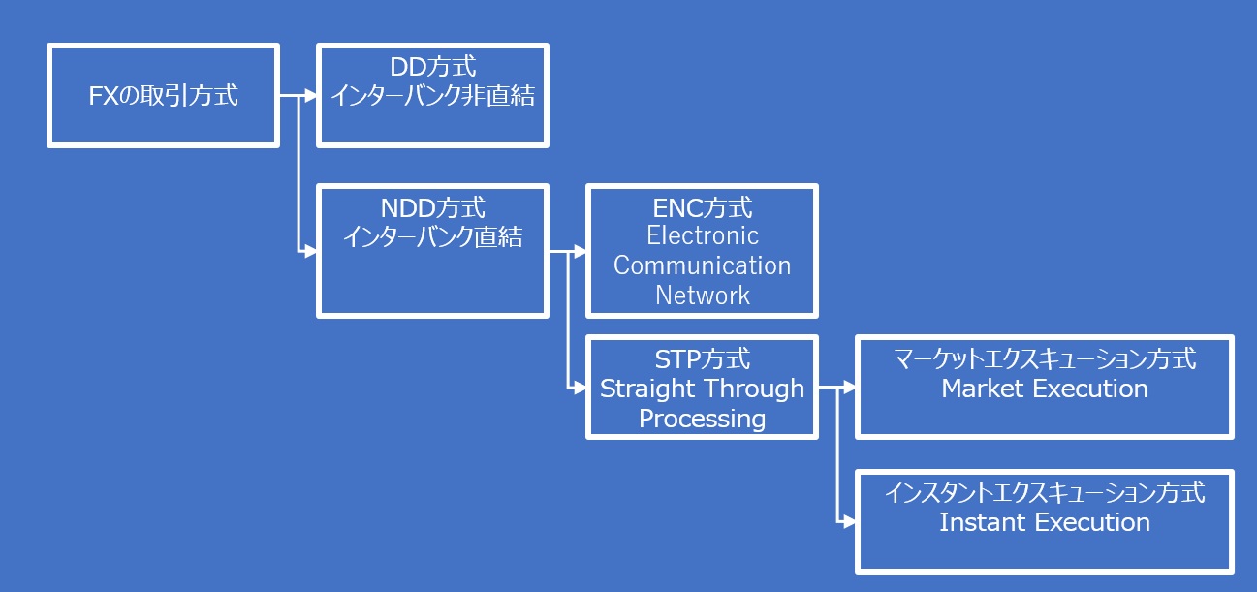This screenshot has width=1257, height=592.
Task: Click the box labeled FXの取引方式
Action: coord(163,95)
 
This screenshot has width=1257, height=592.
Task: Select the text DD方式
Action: coord(432,68)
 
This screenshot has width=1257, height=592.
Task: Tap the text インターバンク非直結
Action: coord(432,96)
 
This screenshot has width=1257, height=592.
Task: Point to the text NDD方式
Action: coord(432,208)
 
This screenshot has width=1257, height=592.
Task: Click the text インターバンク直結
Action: coord(432,236)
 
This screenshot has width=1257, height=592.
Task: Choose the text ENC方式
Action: coord(703,208)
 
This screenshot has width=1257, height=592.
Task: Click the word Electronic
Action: coord(703,235)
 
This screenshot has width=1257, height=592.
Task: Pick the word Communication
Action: coord(703,265)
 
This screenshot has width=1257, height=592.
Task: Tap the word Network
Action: coord(703,295)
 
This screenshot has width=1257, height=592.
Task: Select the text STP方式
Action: coord(703,359)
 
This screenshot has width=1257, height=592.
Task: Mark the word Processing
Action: coord(703,419)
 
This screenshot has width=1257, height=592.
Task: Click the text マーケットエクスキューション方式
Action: coord(1045,359)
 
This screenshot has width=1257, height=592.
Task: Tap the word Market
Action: coord(984,389)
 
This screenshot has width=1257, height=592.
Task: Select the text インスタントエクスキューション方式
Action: coord(1045,493)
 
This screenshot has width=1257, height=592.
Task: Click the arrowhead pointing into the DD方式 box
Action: coord(310,95)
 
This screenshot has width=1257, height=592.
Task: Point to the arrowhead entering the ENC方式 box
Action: coord(580,252)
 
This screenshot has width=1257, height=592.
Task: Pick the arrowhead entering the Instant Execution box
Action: coord(849,521)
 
